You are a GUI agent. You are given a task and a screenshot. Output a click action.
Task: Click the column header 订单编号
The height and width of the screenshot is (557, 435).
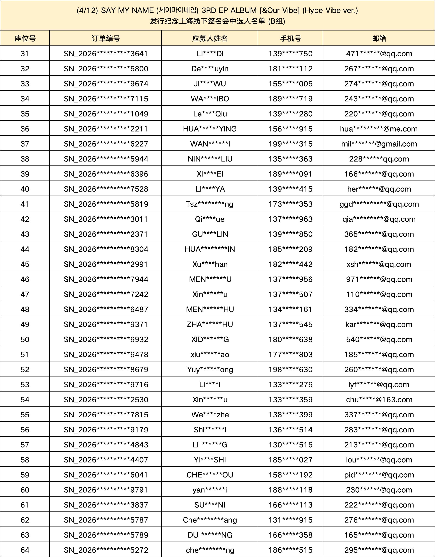[x=106, y=38]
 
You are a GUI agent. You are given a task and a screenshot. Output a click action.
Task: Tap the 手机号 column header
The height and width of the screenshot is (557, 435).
[x=290, y=38]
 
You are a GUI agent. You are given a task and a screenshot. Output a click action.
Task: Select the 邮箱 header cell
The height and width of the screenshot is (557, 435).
[x=379, y=38]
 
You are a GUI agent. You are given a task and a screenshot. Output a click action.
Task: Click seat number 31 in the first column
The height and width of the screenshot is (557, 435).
[x=25, y=54]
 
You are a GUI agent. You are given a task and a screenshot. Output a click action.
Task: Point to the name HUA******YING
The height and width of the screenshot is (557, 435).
[x=210, y=129]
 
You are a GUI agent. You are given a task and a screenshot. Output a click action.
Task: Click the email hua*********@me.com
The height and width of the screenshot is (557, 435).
[x=379, y=129]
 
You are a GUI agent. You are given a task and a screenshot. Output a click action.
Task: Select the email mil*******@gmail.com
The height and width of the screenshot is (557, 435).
[x=379, y=144]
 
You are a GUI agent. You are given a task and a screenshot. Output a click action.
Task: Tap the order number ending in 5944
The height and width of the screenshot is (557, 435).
[x=106, y=159]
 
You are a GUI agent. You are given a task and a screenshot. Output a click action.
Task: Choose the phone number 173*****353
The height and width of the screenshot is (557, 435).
[x=290, y=204]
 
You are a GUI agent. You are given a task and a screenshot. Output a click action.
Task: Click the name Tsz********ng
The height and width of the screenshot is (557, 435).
[x=210, y=204]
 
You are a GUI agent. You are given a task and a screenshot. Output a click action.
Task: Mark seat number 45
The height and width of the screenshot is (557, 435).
[x=25, y=264]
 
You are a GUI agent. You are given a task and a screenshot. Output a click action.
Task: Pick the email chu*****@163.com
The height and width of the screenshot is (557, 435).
[x=379, y=400]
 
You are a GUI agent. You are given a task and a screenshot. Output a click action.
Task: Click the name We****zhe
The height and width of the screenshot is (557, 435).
[x=210, y=415]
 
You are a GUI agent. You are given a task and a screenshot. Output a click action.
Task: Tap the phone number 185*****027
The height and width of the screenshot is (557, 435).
[x=290, y=460]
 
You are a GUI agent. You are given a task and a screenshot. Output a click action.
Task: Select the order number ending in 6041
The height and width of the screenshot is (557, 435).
[x=106, y=475]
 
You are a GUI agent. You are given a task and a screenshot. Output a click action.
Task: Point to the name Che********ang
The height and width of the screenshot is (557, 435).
[x=210, y=520]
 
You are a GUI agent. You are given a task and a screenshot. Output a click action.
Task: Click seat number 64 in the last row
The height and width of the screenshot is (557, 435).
[x=25, y=550]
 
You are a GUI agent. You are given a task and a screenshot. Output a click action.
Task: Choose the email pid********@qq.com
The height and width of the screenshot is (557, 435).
[x=379, y=475]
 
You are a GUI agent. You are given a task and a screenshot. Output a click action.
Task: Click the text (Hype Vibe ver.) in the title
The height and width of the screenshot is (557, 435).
[x=330, y=10]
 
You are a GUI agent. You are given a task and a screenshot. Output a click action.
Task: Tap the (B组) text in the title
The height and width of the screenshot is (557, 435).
[x=276, y=21]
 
